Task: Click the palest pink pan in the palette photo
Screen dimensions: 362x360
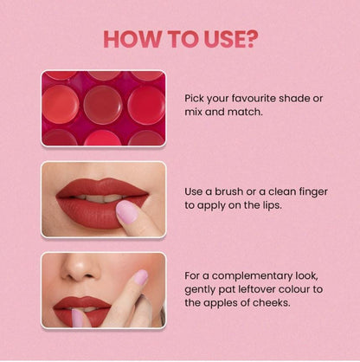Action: [102, 103]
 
